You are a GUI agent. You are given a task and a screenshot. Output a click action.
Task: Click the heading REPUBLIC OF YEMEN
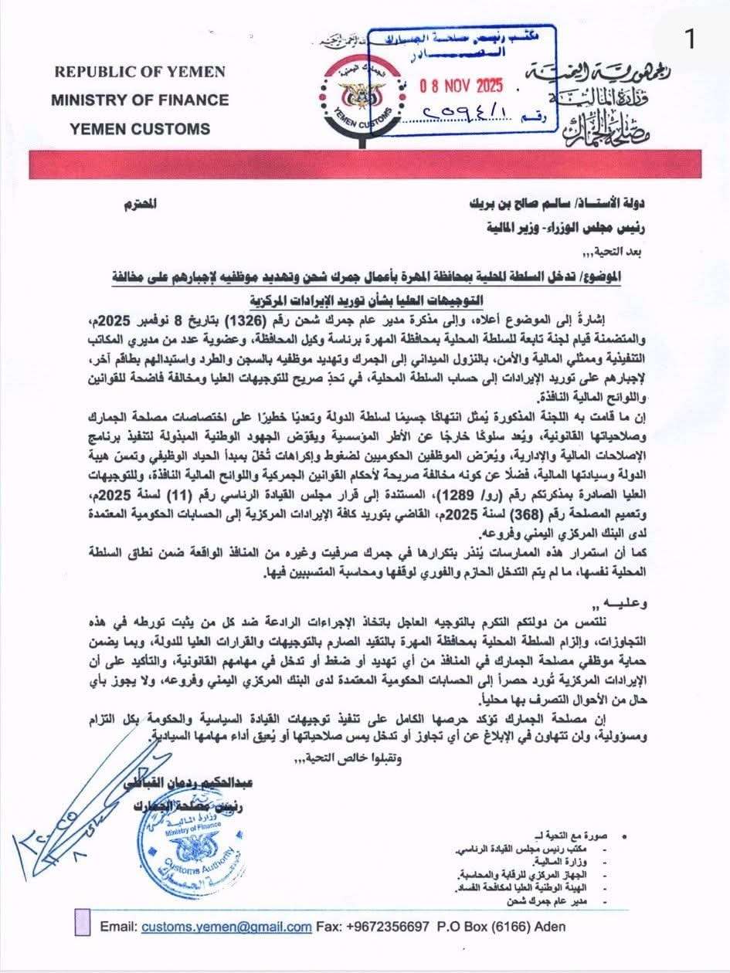tap(140, 72)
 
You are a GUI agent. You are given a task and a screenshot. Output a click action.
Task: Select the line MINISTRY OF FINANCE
tap(140, 100)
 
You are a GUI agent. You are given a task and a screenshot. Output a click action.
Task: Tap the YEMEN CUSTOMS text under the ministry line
tap(140, 128)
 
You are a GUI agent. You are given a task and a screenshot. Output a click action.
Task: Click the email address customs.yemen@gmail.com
tap(226, 927)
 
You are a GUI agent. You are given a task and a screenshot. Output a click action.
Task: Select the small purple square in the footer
tap(83, 922)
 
